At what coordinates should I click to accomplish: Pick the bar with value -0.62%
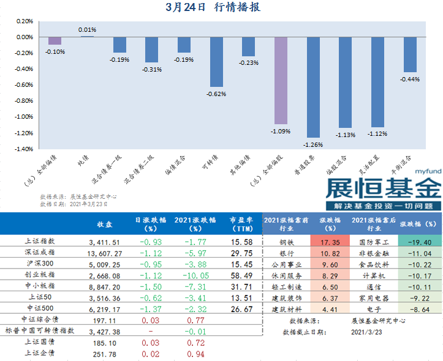click(216, 61)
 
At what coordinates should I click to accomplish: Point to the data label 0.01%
click(88, 29)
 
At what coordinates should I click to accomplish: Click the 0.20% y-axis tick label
click(24, 21)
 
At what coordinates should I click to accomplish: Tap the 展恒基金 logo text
click(382, 187)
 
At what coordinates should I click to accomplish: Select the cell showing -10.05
click(187, 275)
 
